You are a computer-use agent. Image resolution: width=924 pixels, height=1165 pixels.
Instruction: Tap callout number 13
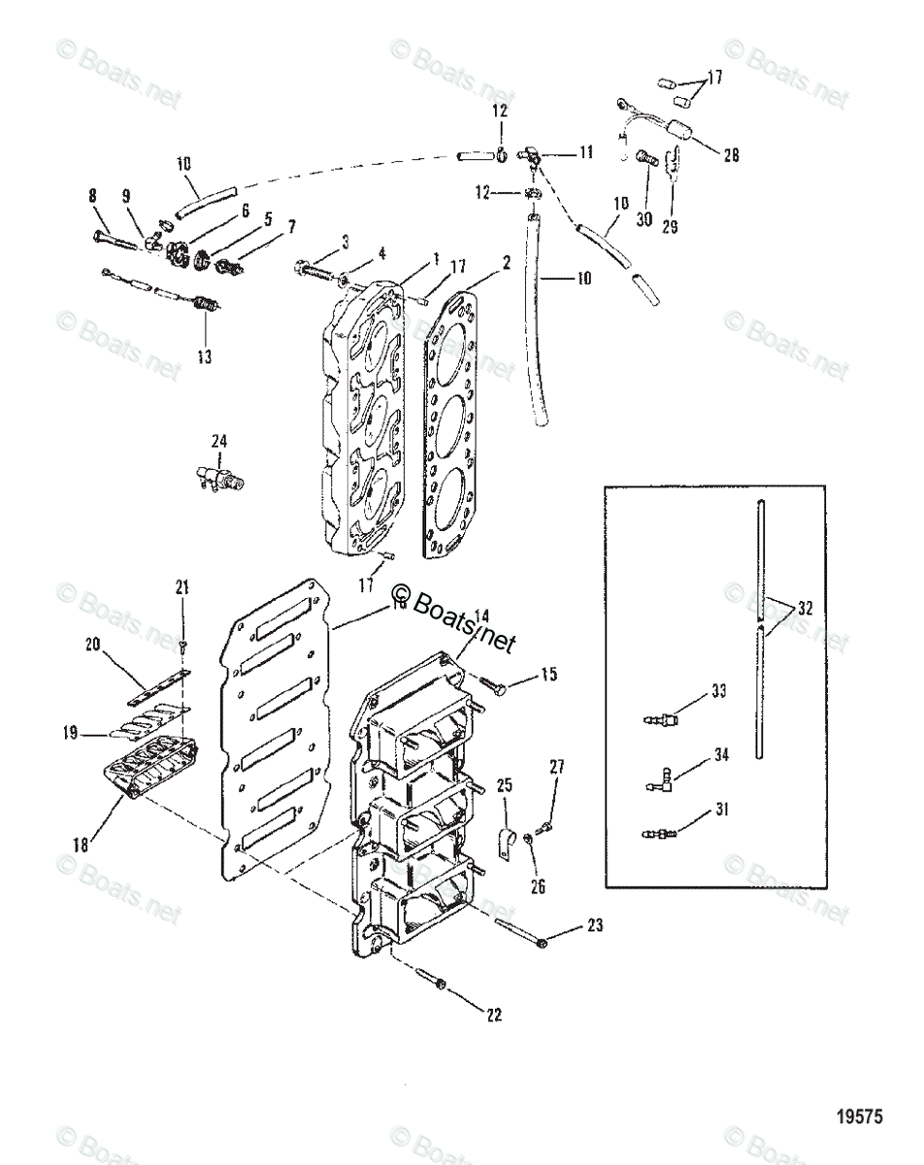pyautogui.click(x=203, y=356)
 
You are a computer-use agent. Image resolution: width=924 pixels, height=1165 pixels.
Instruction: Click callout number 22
pyautogui.click(x=494, y=1015)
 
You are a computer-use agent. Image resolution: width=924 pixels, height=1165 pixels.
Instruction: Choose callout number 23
pyautogui.click(x=594, y=925)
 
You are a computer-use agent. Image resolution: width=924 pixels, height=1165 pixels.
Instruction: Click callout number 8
pyautogui.click(x=93, y=196)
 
